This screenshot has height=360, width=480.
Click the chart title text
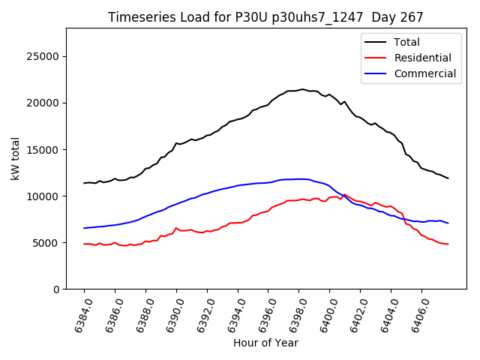265,17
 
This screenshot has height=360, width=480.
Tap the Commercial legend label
424,73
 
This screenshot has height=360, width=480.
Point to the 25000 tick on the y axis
43,56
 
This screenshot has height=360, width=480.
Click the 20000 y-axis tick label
43,103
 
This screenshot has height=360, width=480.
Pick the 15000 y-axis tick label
43,149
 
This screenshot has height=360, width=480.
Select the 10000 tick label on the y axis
43,196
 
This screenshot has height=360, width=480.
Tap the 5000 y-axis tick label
46,242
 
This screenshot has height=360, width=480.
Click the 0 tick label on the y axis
56,289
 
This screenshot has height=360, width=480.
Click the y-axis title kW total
16,158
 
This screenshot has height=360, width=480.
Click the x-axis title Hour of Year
265,343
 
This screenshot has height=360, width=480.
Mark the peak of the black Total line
302,89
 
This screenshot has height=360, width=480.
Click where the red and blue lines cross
343,195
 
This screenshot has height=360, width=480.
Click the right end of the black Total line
448,178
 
